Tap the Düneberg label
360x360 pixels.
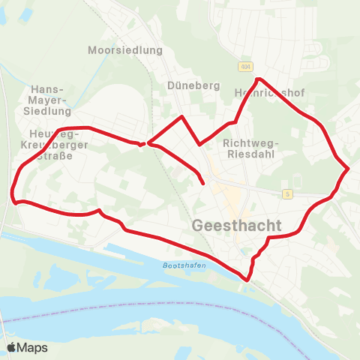coord(194,85)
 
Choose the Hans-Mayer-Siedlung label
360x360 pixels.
coord(49,100)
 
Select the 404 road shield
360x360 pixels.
coord(246,67)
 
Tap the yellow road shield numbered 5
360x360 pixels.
coord(287,194)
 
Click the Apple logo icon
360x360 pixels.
coord(11,347)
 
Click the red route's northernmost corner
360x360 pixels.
coord(258,79)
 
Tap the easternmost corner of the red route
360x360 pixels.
coord(349,169)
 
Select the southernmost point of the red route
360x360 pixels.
coord(245,280)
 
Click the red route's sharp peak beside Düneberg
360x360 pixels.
coord(181,117)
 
